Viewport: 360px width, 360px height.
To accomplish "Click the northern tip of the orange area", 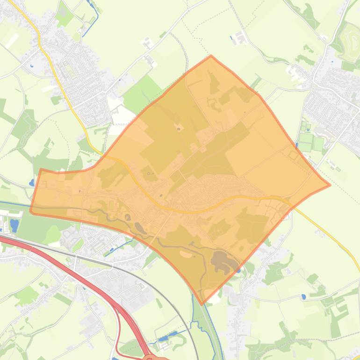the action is (x=211, y=56).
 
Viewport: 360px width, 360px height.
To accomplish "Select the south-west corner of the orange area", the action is (x=31, y=212).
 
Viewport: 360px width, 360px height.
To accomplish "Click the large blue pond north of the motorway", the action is (x=14, y=225).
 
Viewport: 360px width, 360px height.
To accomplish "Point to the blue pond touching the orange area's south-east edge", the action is (x=239, y=270).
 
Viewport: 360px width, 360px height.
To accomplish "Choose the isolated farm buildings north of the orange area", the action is (x=241, y=37).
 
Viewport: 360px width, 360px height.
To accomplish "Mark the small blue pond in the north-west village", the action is (x=31, y=65).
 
